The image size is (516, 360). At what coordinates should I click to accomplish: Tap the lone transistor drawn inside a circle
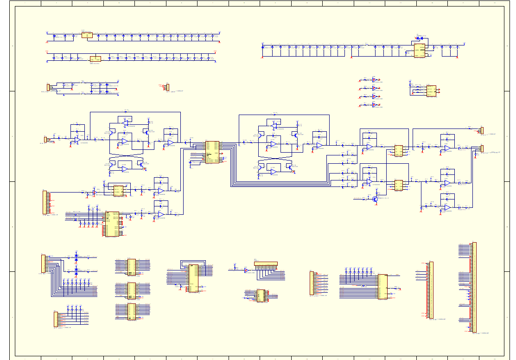[375, 199]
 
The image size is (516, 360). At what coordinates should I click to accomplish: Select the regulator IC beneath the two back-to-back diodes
[420, 51]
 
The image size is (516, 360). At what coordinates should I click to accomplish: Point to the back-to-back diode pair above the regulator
[420, 38]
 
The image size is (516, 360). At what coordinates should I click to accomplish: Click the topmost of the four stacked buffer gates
[374, 80]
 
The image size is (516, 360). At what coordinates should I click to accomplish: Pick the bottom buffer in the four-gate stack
[374, 105]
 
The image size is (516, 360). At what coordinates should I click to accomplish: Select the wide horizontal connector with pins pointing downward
[266, 264]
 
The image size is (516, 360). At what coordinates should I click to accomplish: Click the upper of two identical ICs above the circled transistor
[398, 150]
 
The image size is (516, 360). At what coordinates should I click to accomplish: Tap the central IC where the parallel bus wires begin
[212, 152]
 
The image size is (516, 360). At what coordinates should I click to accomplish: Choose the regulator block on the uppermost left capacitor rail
[87, 35]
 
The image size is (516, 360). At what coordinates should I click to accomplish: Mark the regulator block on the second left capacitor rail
[95, 59]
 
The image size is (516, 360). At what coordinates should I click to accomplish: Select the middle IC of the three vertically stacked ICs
[132, 290]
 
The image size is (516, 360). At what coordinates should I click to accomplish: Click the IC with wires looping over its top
[193, 278]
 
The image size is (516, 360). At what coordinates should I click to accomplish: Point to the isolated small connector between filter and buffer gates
[167, 87]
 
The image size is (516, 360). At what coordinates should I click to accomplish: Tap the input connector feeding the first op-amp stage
[45, 139]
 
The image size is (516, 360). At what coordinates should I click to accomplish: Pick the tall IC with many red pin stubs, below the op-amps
[112, 224]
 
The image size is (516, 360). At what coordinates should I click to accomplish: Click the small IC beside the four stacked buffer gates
[431, 90]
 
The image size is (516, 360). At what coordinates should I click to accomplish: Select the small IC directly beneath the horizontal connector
[261, 296]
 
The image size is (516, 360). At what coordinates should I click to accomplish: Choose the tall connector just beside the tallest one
[431, 290]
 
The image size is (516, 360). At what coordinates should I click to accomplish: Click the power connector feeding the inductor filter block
[48, 87]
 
